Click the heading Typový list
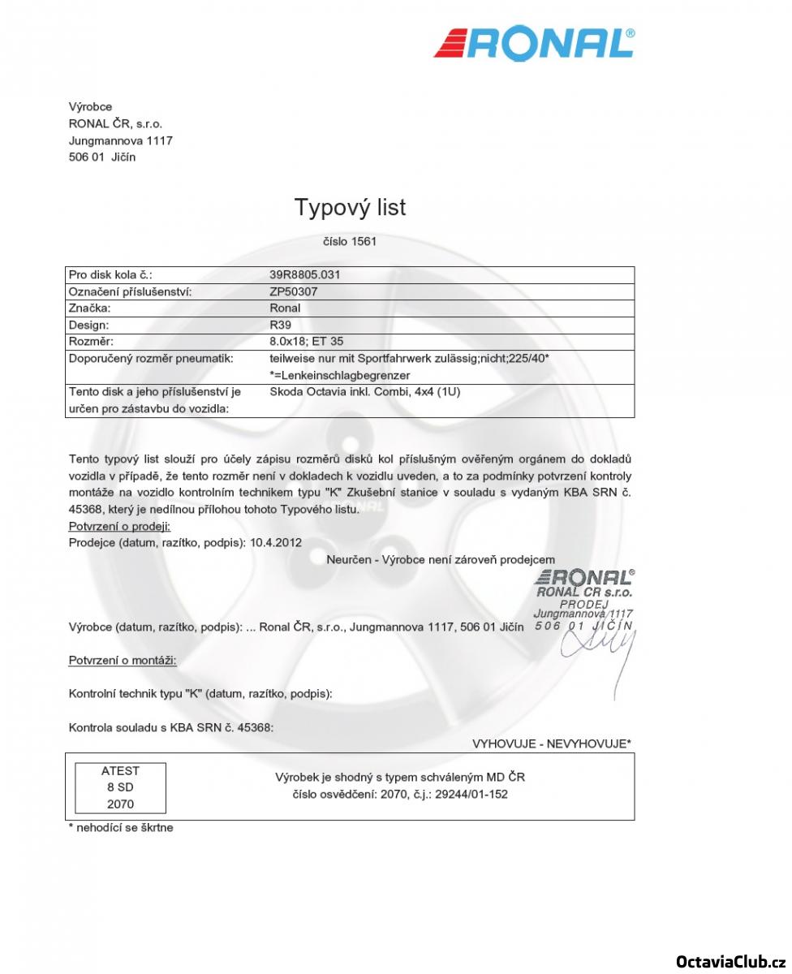pyautogui.click(x=350, y=208)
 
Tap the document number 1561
pyautogui.click(x=364, y=241)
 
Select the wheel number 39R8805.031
pyautogui.click(x=304, y=274)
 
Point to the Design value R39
pyautogui.click(x=280, y=325)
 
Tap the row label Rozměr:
pyautogui.click(x=91, y=342)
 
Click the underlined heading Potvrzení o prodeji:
pyautogui.click(x=119, y=527)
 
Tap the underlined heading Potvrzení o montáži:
pyautogui.click(x=122, y=660)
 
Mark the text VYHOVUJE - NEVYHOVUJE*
pyautogui.click(x=552, y=743)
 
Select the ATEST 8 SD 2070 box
pyautogui.click(x=120, y=787)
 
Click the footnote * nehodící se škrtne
pyautogui.click(x=121, y=828)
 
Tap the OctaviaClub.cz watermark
pyautogui.click(x=730, y=961)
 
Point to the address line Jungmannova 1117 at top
pyautogui.click(x=120, y=140)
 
